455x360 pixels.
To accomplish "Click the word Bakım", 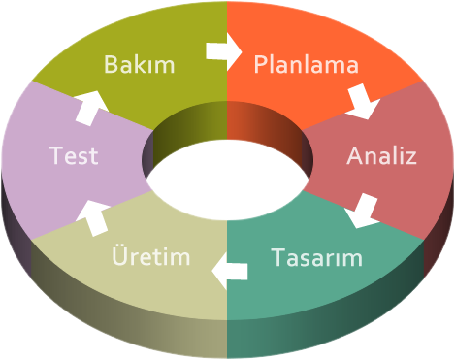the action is (140, 64).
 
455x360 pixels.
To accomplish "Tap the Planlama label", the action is (307, 64).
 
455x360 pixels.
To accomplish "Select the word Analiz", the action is (381, 155).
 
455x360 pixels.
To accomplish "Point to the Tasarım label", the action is (316, 257).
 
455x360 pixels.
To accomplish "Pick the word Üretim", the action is (151, 255).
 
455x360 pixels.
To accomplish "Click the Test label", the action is (74, 155).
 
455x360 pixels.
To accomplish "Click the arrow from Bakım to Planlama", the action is (224, 51).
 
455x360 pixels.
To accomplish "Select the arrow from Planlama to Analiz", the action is (363, 102).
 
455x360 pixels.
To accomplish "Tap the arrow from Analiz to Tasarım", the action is (362, 211).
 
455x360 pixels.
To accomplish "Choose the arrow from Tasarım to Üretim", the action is (230, 271).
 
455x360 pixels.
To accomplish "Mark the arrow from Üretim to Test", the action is (93, 218).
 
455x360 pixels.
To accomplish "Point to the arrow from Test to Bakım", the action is (92, 109).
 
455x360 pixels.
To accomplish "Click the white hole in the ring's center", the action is (227, 180).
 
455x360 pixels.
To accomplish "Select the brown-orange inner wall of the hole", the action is (265, 126).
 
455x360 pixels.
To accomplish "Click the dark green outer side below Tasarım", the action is (323, 327).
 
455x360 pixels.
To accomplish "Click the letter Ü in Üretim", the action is (119, 255).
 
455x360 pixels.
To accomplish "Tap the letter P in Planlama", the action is (260, 64).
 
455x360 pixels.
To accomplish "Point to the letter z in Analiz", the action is (410, 158).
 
